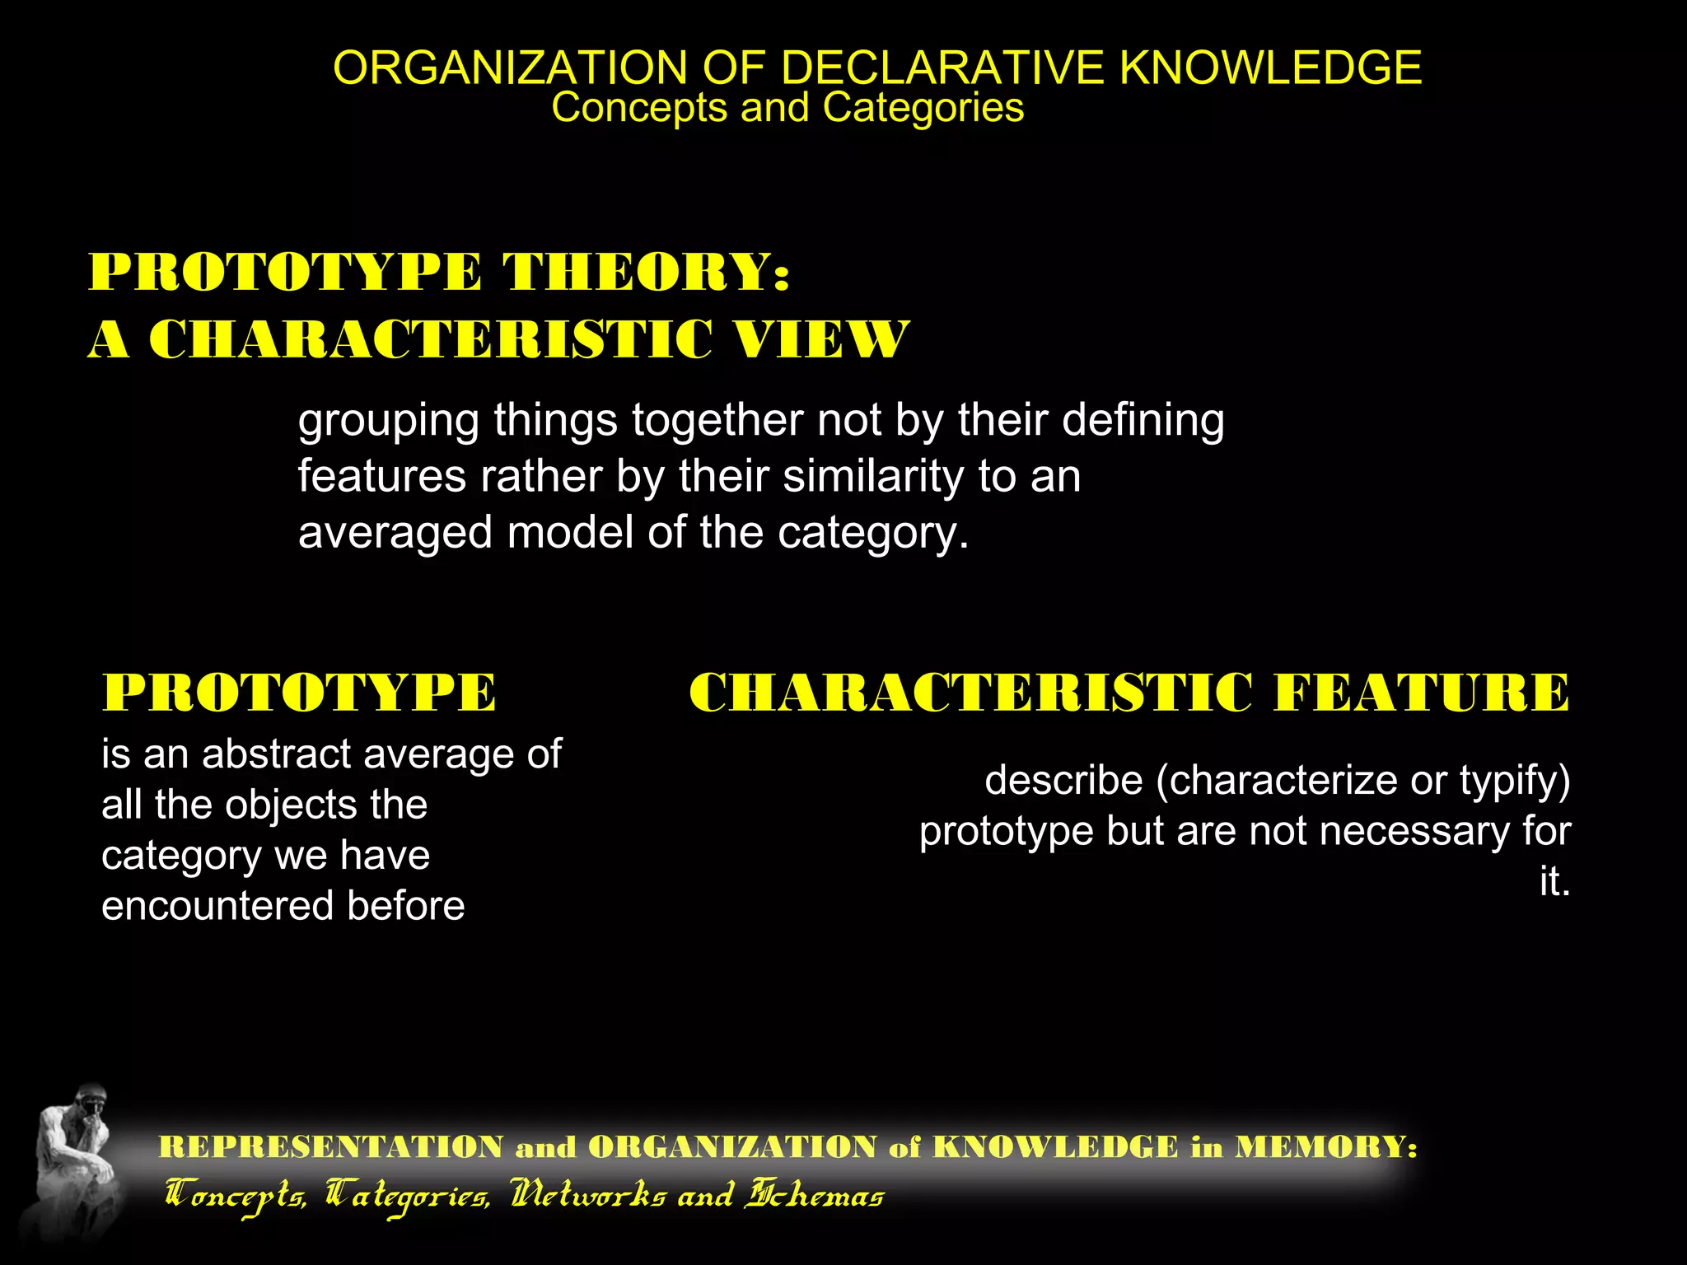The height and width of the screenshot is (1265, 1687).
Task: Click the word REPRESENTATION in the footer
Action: (331, 1147)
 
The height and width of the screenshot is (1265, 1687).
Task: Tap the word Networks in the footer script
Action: (587, 1196)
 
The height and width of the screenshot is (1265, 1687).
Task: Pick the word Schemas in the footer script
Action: (814, 1196)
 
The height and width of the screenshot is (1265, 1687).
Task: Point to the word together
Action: (717, 422)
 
